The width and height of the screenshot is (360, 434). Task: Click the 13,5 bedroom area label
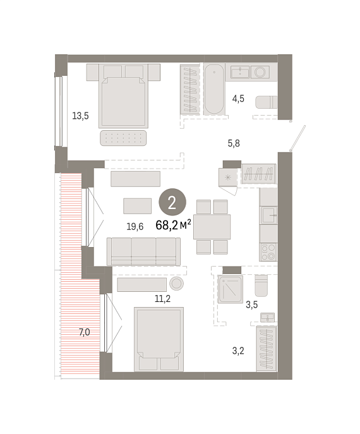[x=80, y=116]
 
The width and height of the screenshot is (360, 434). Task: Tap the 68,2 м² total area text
[x=173, y=225]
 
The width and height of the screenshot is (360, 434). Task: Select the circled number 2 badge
[x=172, y=202]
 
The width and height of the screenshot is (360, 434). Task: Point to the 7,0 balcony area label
[x=85, y=332]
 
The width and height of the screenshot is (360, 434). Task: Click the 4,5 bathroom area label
[x=238, y=99]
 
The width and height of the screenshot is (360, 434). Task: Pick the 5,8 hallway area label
[x=234, y=143]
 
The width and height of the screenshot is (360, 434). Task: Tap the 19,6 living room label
[x=135, y=227]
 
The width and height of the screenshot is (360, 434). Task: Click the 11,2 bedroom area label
[x=162, y=299]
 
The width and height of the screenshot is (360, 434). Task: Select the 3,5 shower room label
[x=252, y=304]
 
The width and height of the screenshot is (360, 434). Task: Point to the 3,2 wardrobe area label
[x=238, y=351]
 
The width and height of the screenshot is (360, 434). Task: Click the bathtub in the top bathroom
[x=215, y=90]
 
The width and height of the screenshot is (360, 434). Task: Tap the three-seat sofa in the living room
[x=143, y=251]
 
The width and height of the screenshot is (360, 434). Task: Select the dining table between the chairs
[x=212, y=227]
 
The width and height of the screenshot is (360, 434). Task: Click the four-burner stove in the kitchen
[x=268, y=252]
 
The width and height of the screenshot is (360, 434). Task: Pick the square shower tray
[x=231, y=289]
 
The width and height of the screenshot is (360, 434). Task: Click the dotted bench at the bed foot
[x=123, y=138]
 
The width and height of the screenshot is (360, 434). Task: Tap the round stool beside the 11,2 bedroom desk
[x=176, y=284]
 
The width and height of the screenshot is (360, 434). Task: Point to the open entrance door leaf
[x=297, y=138]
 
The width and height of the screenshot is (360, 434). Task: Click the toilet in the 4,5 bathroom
[x=266, y=102]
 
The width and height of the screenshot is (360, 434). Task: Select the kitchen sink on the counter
[x=268, y=215]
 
